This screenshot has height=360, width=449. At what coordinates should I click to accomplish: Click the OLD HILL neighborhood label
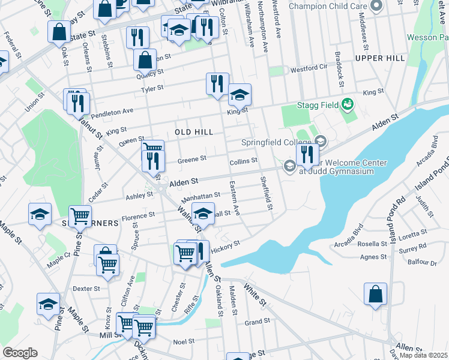pyautogui.click(x=194, y=131)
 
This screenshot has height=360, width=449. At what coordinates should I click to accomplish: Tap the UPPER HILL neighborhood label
pyautogui.click(x=380, y=58)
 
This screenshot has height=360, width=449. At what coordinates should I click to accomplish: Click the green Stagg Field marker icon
pyautogui.click(x=347, y=106)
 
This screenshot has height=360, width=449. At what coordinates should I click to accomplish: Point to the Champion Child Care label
pyautogui.click(x=328, y=6)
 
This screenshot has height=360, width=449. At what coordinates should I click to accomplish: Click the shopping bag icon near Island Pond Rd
pyautogui.click(x=375, y=295)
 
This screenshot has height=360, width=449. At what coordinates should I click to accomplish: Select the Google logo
pyautogui.click(x=19, y=353)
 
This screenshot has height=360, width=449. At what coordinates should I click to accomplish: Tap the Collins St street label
pyautogui.click(x=243, y=161)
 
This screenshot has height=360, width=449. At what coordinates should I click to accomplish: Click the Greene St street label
pyautogui.click(x=192, y=159)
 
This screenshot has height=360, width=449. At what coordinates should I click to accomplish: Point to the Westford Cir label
pyautogui.click(x=308, y=69)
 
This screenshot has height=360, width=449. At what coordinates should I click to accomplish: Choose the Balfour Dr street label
pyautogui.click(x=424, y=263)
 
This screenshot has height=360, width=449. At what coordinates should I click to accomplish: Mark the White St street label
pyautogui.click(x=255, y=296)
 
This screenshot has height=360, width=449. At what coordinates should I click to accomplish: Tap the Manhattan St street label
pyautogui.click(x=201, y=196)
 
